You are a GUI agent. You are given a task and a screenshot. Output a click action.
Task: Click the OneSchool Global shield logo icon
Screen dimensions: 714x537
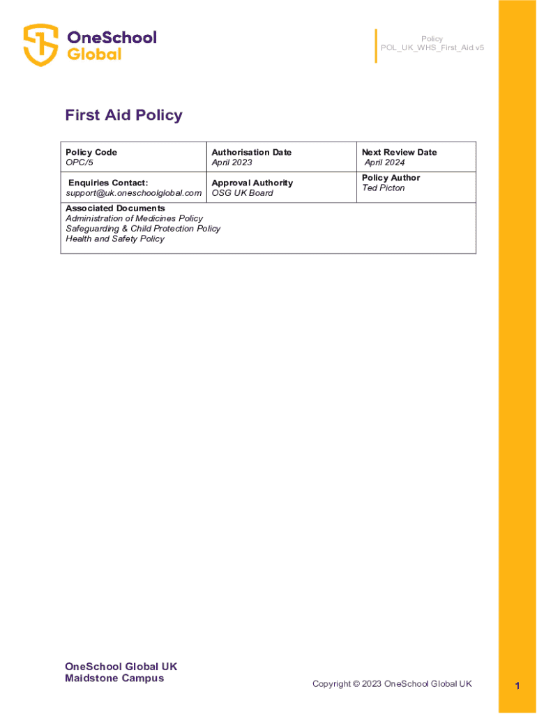pos(40,45)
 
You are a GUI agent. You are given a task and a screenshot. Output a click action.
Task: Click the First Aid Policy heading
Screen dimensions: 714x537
pos(123,115)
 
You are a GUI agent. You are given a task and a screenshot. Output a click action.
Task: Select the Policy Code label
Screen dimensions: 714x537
pos(91,152)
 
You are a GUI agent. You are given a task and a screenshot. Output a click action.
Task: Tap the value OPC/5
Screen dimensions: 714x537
pos(80,162)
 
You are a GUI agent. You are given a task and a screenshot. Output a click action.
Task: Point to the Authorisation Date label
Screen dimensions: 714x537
pos(252,152)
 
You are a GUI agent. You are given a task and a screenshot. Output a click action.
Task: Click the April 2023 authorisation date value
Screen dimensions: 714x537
pos(232,162)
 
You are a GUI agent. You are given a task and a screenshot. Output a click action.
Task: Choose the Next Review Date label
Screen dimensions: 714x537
pos(400,152)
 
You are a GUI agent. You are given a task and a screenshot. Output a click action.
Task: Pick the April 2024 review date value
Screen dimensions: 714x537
pos(384,162)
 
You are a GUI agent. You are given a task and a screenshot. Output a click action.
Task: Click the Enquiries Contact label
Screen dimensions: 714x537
pos(108,183)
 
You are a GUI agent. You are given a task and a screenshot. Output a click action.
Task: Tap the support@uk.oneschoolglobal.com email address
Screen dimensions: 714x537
pos(133,193)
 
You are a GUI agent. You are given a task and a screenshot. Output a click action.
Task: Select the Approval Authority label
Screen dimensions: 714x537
pos(252,183)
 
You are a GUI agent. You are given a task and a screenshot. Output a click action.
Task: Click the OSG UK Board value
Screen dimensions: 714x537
pos(243,193)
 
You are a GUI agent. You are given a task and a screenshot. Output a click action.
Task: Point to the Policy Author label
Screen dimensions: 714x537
pos(391,178)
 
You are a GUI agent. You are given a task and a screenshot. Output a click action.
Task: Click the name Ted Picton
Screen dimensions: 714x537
pos(384,188)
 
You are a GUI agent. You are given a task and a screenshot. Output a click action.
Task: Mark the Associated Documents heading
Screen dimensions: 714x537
pos(115,208)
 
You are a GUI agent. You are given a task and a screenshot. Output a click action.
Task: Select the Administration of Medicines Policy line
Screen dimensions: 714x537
pos(135,219)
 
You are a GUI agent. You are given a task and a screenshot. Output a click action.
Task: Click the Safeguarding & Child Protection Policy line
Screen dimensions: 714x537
pos(143,229)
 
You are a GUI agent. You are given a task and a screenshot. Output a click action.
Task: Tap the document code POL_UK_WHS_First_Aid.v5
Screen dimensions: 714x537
pos(432,48)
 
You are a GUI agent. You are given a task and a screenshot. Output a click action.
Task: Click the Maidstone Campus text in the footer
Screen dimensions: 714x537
pos(114,678)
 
